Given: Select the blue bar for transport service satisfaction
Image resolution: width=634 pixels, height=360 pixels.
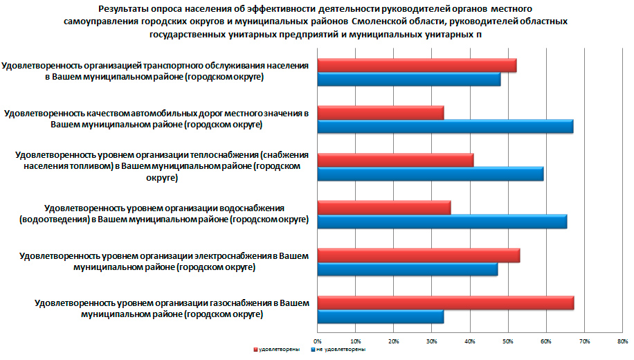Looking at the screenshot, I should [x=408, y=79].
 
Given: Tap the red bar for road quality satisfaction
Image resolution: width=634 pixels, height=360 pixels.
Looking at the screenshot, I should [x=380, y=113].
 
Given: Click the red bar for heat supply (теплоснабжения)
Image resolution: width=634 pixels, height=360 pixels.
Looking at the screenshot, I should [x=395, y=160].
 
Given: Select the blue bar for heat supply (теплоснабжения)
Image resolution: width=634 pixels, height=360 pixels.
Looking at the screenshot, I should [x=430, y=173].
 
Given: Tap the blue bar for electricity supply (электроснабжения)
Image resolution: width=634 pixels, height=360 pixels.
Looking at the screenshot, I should [x=407, y=269].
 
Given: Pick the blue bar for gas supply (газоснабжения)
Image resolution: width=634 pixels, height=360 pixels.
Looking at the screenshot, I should [x=380, y=316].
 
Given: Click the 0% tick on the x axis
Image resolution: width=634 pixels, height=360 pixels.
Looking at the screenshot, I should [x=318, y=341].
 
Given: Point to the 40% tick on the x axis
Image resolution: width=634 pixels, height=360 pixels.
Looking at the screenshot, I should [x=469, y=341].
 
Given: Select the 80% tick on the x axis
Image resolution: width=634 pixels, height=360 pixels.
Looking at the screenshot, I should [x=622, y=341].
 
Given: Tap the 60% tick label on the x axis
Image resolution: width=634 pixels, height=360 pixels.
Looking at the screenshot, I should [x=545, y=341].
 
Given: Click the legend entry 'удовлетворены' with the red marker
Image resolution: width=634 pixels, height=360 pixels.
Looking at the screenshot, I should [x=277, y=350].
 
